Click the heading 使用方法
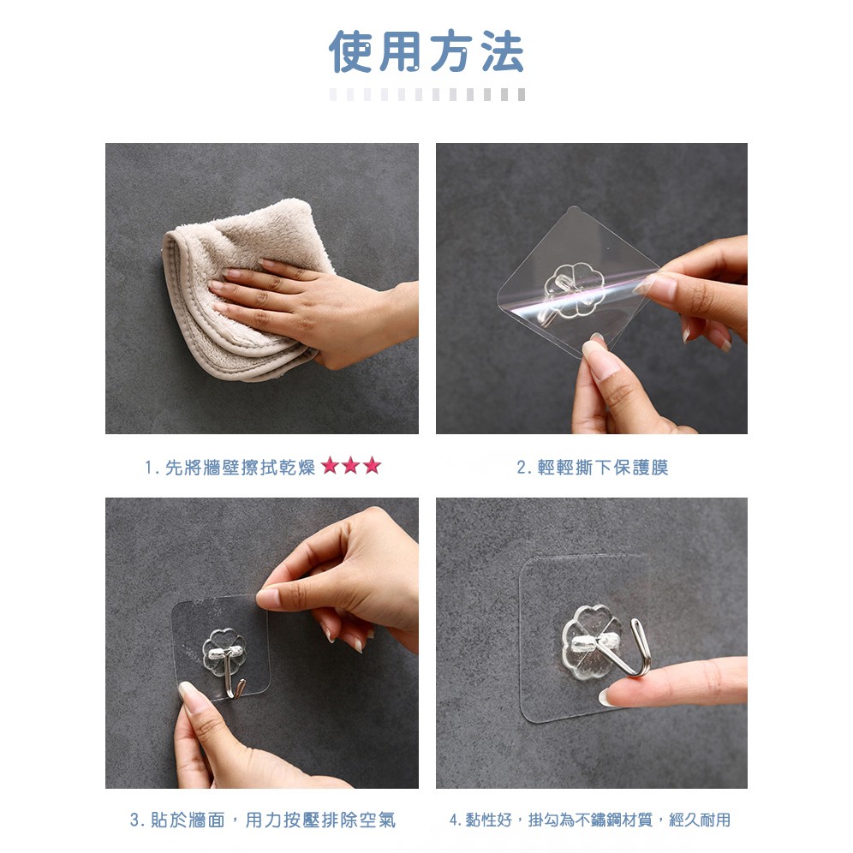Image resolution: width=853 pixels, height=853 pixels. click(x=426, y=51)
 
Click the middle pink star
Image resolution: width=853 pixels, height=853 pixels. click(x=351, y=466)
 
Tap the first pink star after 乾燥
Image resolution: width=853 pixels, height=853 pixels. click(x=331, y=466)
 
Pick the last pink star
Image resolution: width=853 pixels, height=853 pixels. click(x=372, y=466)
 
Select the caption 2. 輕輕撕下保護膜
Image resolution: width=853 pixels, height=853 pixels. click(x=593, y=468)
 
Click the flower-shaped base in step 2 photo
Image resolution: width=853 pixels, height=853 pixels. click(x=575, y=290)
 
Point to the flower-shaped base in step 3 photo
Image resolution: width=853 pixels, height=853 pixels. click(x=224, y=652)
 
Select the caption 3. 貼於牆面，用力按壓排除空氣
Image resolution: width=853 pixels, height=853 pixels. click(x=263, y=820)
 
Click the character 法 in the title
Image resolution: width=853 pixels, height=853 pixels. click(x=503, y=51)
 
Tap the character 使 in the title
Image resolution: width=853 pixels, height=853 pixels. click(x=351, y=51)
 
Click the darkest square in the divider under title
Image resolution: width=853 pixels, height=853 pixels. click(x=522, y=95)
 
